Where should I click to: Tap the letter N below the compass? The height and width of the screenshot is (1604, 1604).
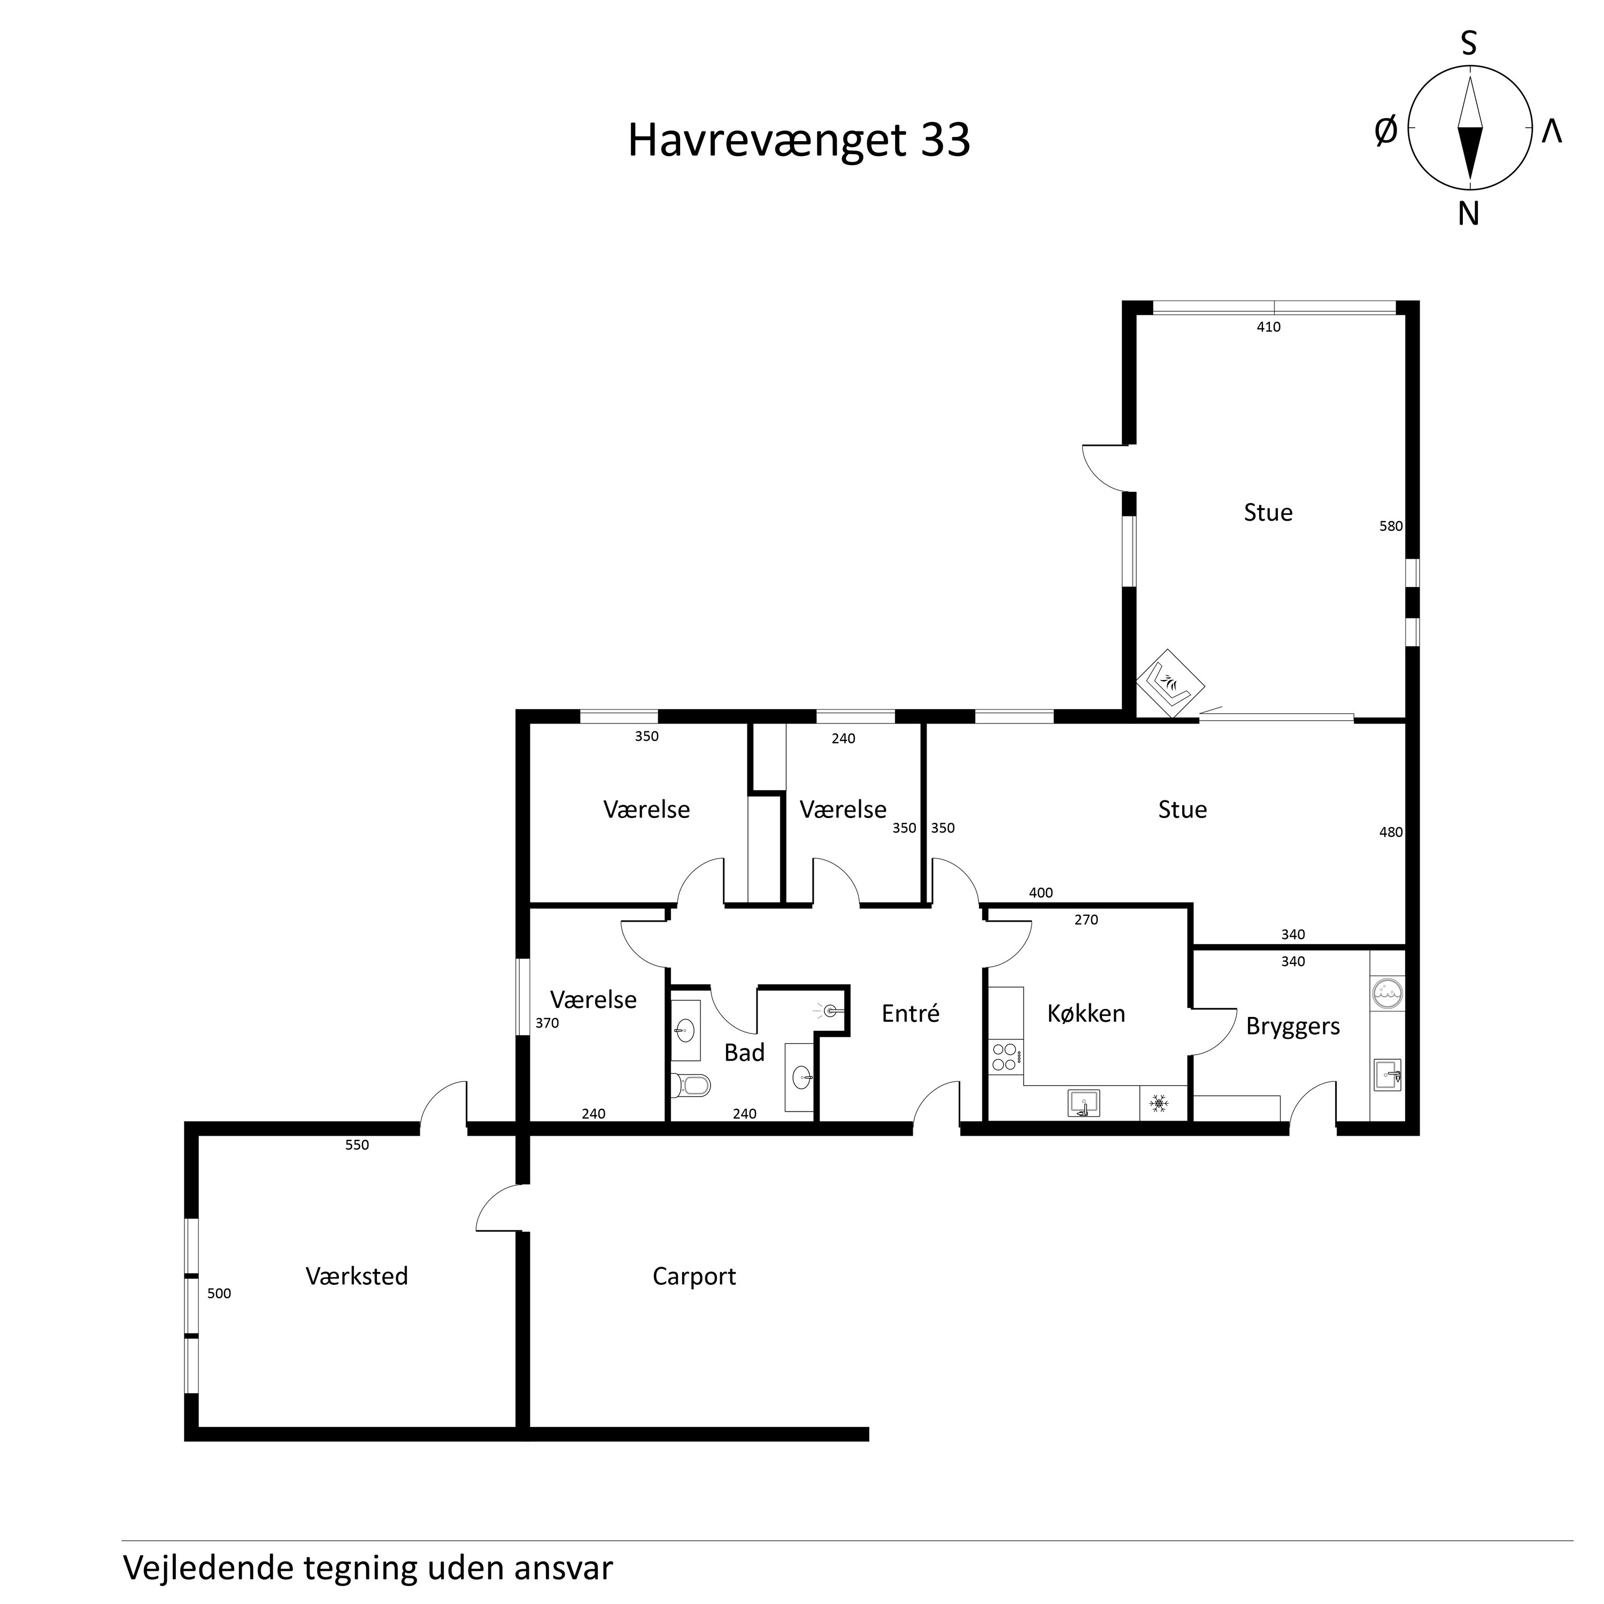[1469, 214]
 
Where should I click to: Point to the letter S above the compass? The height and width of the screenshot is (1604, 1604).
[1469, 43]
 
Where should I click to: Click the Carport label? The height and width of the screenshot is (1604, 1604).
[694, 1277]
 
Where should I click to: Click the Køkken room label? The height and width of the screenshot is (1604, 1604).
[1086, 1013]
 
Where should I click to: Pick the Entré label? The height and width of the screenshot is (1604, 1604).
[911, 1013]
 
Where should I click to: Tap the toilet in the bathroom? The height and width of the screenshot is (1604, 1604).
[691, 1084]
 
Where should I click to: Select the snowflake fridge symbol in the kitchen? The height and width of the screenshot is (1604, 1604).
[1158, 1104]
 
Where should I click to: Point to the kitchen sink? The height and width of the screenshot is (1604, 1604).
[1083, 1104]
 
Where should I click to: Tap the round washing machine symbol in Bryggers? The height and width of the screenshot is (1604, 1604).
[1387, 992]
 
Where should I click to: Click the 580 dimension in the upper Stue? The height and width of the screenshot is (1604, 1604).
[1391, 526]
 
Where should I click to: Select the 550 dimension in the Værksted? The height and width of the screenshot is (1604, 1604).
[357, 1145]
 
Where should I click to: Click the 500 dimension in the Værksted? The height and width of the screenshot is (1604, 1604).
[219, 1293]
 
